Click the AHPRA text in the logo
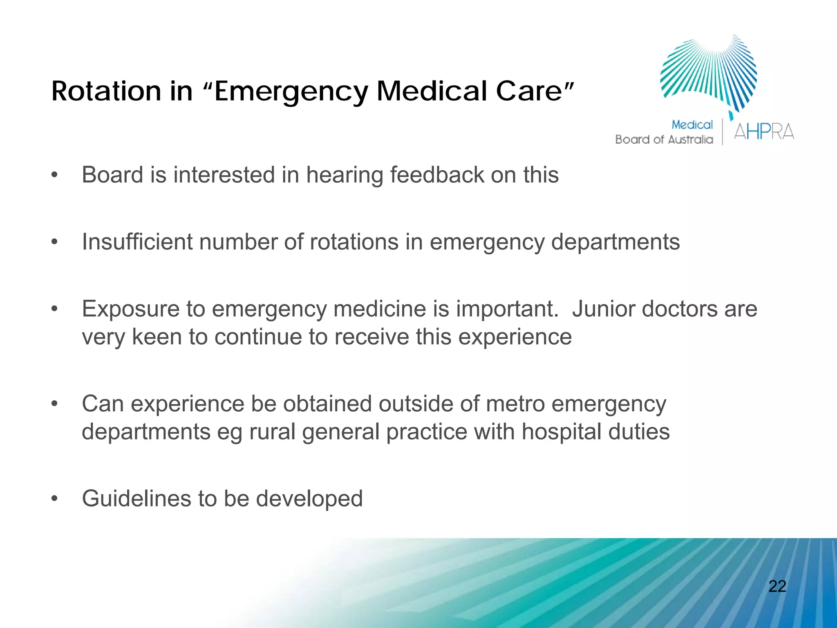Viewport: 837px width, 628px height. (764, 132)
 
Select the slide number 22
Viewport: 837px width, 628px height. (777, 586)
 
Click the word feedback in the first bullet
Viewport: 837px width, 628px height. (436, 175)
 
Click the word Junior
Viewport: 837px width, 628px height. (603, 309)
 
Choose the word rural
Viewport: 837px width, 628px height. (272, 432)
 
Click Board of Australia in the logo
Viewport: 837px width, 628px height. (664, 140)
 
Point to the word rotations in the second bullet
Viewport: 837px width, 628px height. (354, 242)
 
